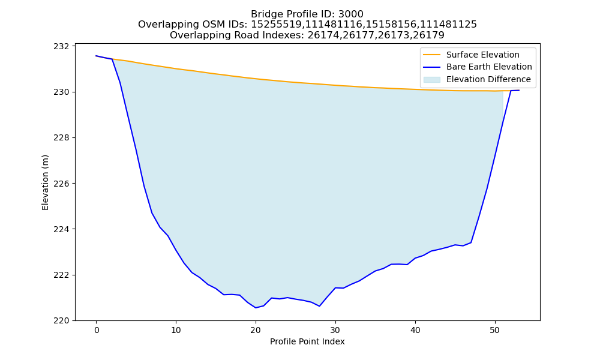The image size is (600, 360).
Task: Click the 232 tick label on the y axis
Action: (61, 46)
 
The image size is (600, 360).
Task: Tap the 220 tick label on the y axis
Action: (61, 321)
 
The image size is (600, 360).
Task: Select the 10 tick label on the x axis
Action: (176, 330)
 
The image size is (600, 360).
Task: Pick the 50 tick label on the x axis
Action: (495, 330)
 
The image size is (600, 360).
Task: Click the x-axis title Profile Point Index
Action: (307, 341)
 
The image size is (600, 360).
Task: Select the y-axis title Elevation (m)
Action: (45, 182)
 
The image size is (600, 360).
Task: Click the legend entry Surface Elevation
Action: (482, 55)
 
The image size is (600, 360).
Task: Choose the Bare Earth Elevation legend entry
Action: (489, 67)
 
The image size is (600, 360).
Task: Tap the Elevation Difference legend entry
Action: (488, 80)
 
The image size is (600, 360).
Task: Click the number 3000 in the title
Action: (350, 14)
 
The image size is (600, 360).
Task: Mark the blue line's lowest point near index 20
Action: (256, 308)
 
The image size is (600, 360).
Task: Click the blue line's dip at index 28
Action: (320, 306)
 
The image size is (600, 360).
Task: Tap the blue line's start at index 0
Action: (96, 56)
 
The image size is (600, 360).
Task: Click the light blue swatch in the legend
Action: (431, 80)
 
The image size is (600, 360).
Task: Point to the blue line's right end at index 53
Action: (519, 90)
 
